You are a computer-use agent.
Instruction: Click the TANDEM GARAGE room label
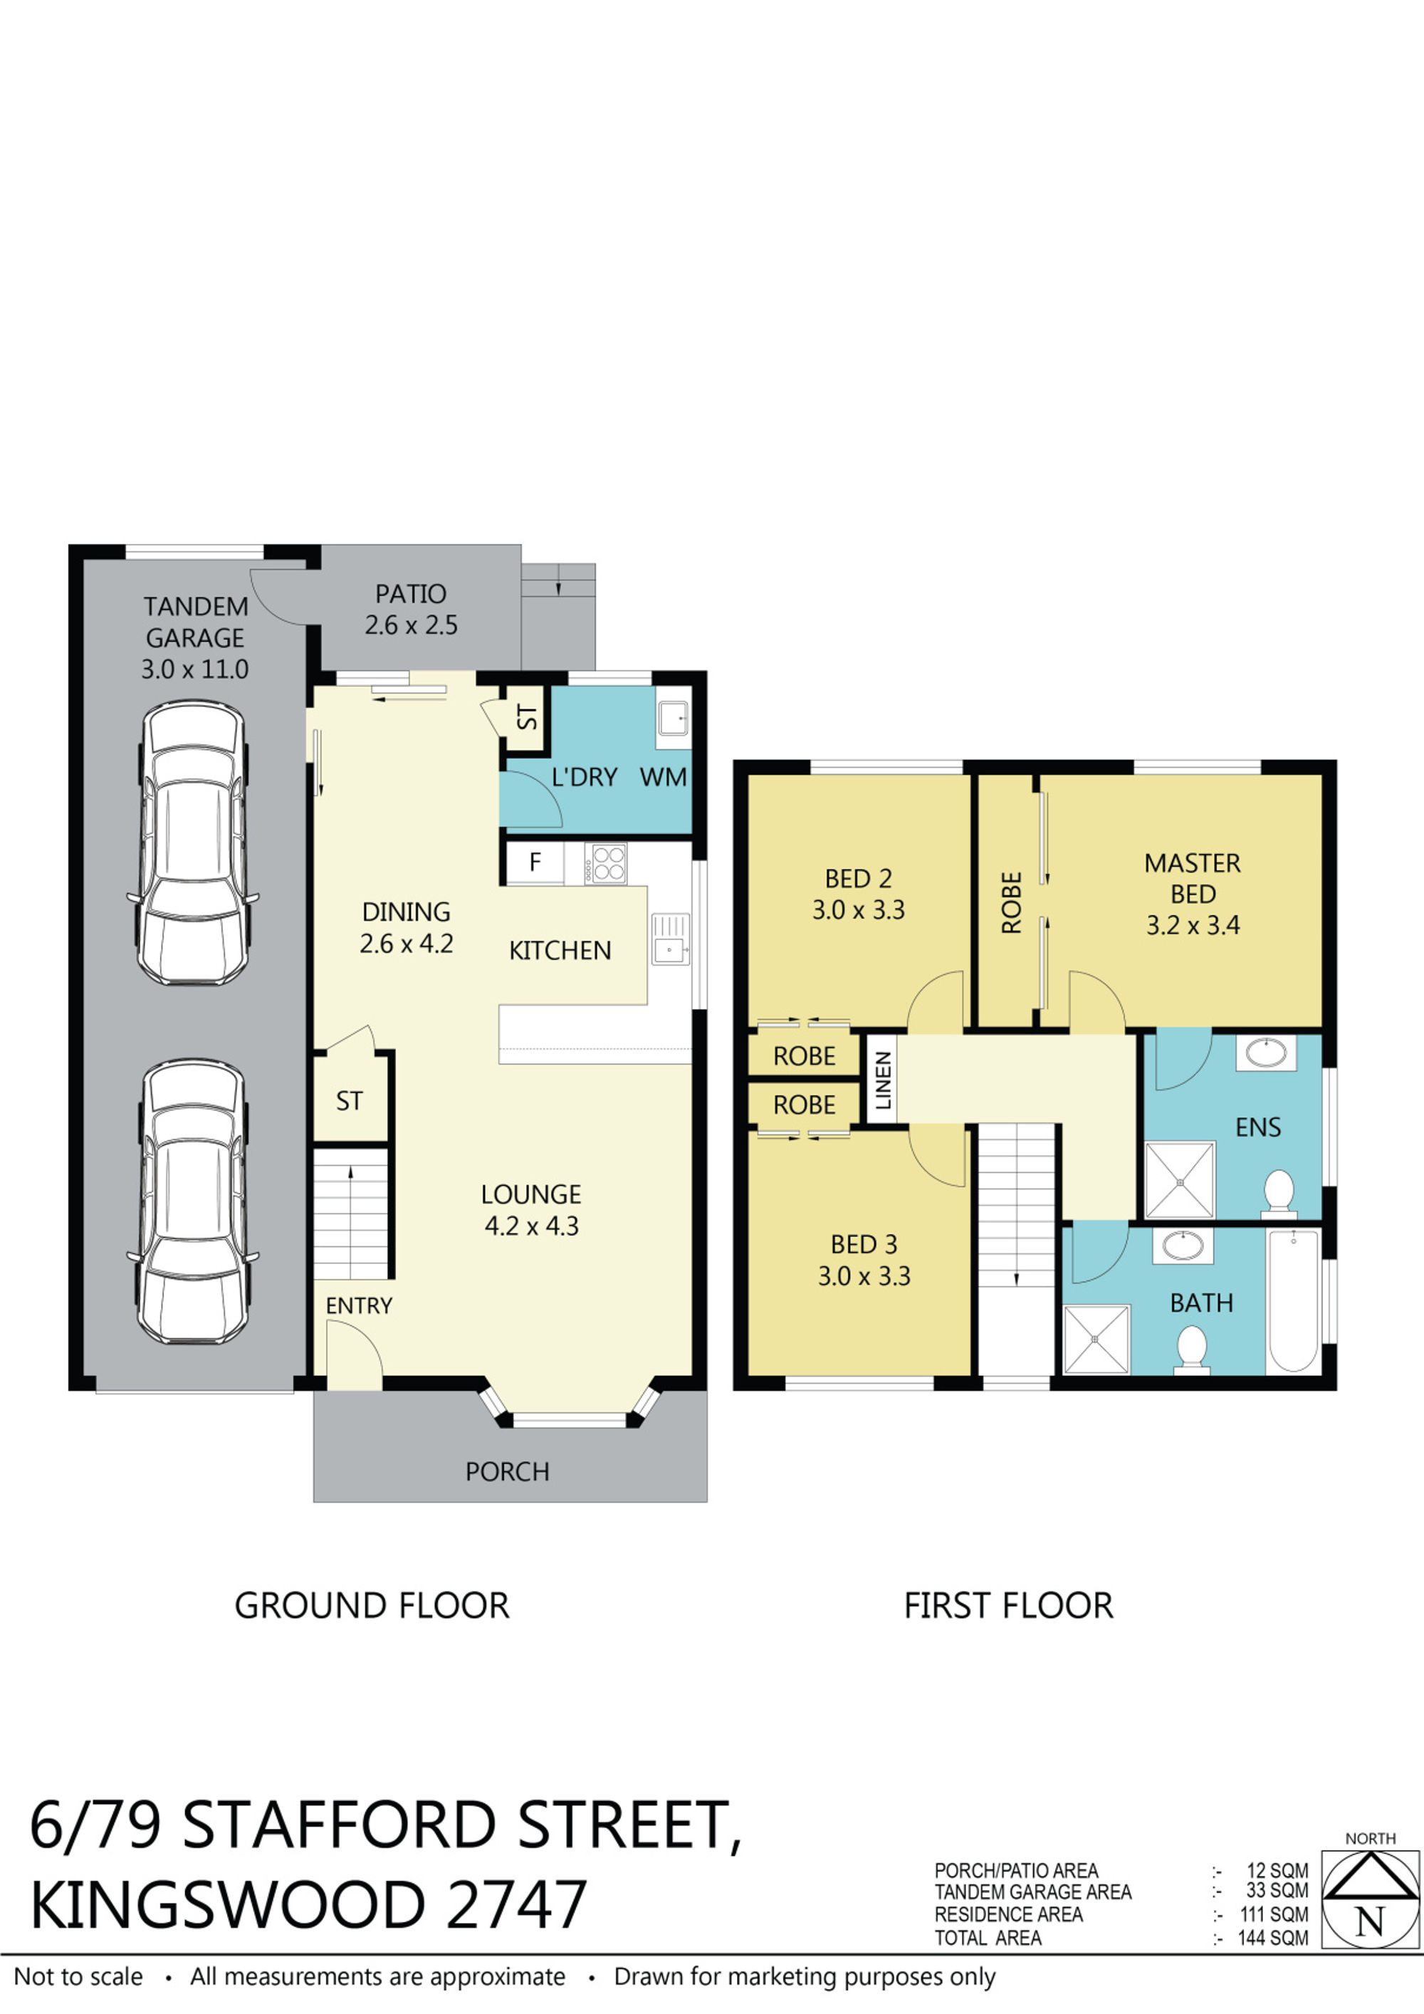coord(194,637)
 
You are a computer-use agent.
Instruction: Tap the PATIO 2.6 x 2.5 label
coord(412,610)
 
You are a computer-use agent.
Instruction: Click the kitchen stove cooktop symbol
coord(609,862)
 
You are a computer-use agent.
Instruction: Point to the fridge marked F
coord(535,862)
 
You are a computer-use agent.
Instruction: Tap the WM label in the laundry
coord(663,777)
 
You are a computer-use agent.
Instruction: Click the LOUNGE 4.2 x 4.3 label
coord(531,1210)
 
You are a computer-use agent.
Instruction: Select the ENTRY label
coord(359,1305)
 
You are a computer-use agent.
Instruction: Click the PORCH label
coord(507,1471)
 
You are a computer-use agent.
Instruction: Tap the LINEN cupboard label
coord(883,1080)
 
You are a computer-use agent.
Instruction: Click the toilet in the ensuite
coord(1279,1193)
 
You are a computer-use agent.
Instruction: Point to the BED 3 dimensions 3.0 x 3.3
coord(864,1276)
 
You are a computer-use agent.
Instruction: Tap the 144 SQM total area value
coord(1272,1939)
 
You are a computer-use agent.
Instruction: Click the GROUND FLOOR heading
coord(372,1606)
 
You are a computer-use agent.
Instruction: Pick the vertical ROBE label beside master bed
coord(1012,902)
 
